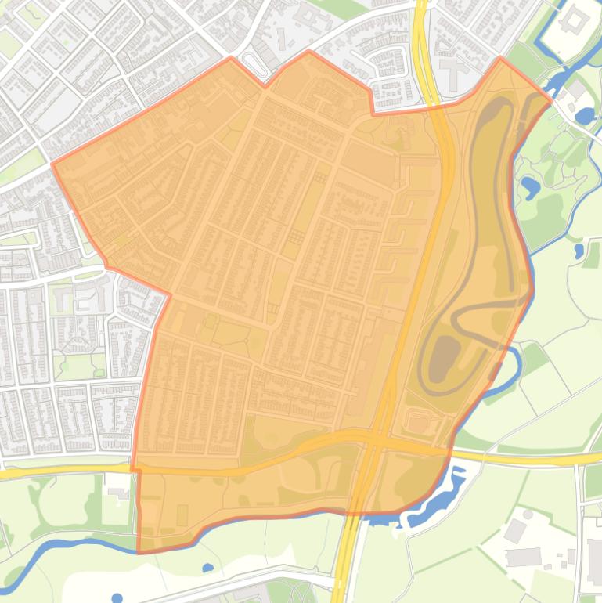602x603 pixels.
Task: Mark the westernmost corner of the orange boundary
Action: [53, 164]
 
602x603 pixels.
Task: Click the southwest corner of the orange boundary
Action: [139, 551]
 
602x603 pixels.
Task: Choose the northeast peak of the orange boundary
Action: [501, 58]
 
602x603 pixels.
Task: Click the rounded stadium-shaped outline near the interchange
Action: [422, 423]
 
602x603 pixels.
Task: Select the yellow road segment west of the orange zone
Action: [63, 472]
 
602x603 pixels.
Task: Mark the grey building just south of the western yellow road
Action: [120, 492]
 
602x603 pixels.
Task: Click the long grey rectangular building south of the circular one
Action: [523, 557]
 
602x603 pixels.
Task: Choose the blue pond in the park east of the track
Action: [530, 187]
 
